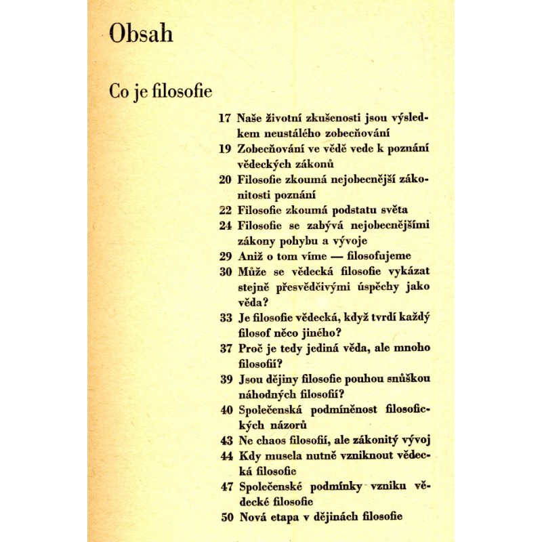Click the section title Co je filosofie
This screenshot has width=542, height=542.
(161, 91)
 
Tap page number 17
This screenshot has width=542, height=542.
(226, 117)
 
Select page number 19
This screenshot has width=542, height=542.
(226, 148)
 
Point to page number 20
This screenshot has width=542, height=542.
(226, 180)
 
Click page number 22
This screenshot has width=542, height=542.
(226, 210)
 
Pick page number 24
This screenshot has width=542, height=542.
(226, 226)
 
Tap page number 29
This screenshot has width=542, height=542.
(226, 257)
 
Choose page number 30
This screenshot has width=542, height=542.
(226, 272)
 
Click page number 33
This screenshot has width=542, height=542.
(226, 318)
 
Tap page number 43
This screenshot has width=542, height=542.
(226, 440)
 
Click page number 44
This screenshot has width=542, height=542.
(226, 455)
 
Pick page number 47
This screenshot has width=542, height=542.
(226, 486)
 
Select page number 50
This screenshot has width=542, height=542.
(226, 517)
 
